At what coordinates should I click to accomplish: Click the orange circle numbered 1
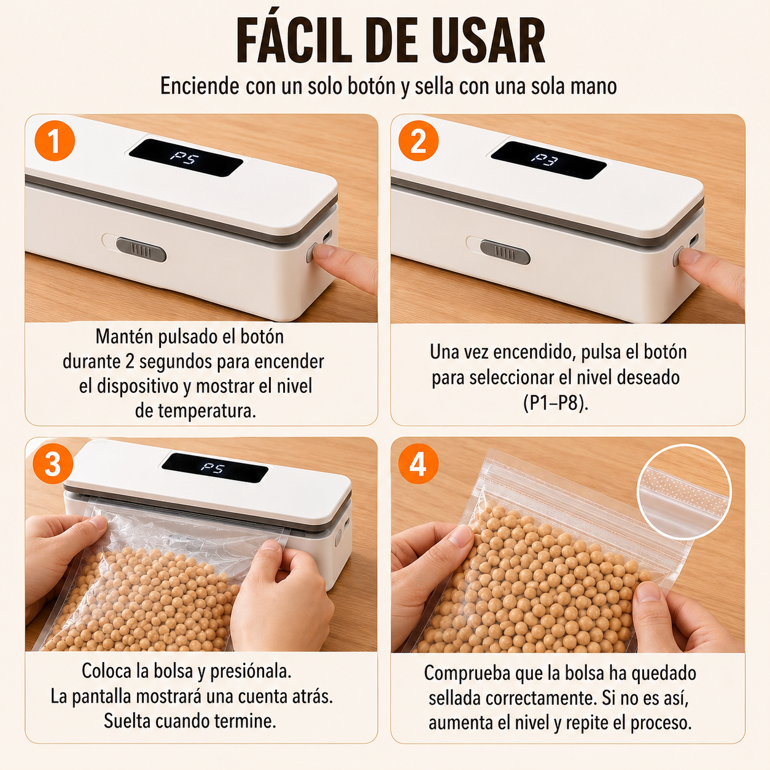pyautogui.click(x=55, y=141)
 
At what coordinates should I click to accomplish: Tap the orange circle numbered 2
pyautogui.click(x=418, y=141)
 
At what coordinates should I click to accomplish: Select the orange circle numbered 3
pyautogui.click(x=53, y=464)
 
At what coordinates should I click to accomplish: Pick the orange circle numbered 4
pyautogui.click(x=418, y=464)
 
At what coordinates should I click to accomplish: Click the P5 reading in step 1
pyautogui.click(x=185, y=157)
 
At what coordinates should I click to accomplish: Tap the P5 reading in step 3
pyautogui.click(x=212, y=467)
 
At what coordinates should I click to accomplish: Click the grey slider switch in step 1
pyautogui.click(x=141, y=250)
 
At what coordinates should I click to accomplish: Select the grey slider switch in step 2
pyautogui.click(x=505, y=252)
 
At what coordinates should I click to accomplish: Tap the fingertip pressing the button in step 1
pyautogui.click(x=324, y=252)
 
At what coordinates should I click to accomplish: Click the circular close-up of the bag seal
pyautogui.click(x=683, y=492)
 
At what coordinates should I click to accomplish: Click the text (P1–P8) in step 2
pyautogui.click(x=556, y=403)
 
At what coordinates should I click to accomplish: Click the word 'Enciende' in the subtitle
pyautogui.click(x=200, y=86)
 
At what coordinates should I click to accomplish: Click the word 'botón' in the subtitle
pyautogui.click(x=371, y=86)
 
